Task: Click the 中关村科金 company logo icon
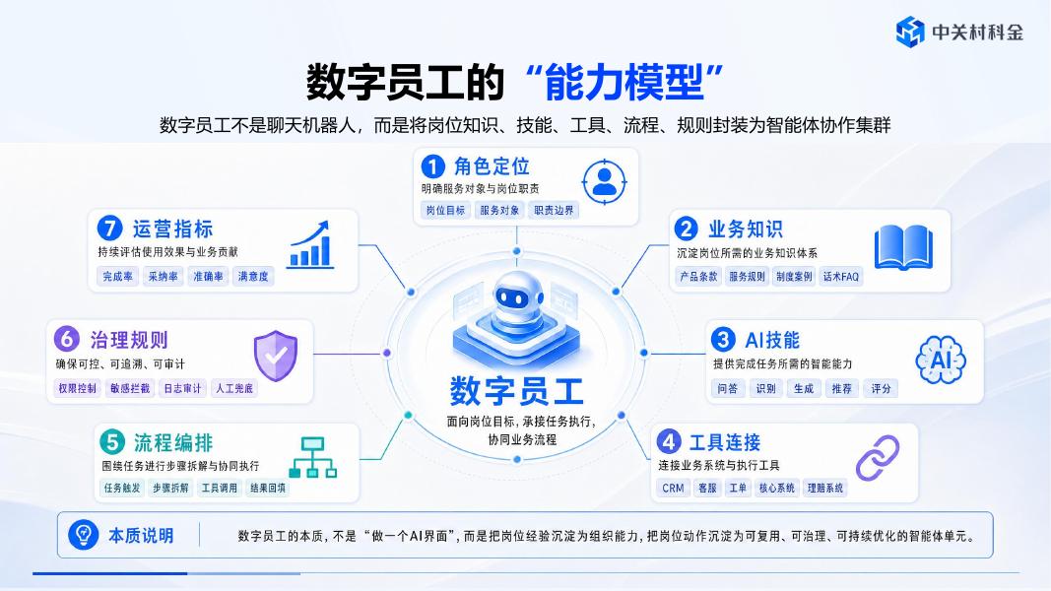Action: [x=910, y=32]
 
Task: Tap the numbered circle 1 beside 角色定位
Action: [x=433, y=166]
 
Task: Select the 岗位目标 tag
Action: [x=446, y=211]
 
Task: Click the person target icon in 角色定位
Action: [x=605, y=181]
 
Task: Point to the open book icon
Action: [x=903, y=247]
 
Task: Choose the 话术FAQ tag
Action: [x=841, y=276]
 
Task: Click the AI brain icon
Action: [x=941, y=360]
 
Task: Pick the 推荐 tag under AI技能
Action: [x=842, y=388]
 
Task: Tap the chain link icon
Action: [x=878, y=458]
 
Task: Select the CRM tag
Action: [x=673, y=488]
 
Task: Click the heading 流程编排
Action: [x=173, y=442]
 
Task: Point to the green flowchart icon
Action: [x=313, y=457]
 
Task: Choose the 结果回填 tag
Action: [x=268, y=488]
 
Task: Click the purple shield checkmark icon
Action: [x=276, y=356]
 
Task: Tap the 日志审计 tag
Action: [x=182, y=388]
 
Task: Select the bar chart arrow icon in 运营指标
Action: [x=309, y=244]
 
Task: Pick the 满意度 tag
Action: [x=253, y=276]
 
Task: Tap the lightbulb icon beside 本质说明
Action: [x=84, y=536]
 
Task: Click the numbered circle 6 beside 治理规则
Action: [x=67, y=339]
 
